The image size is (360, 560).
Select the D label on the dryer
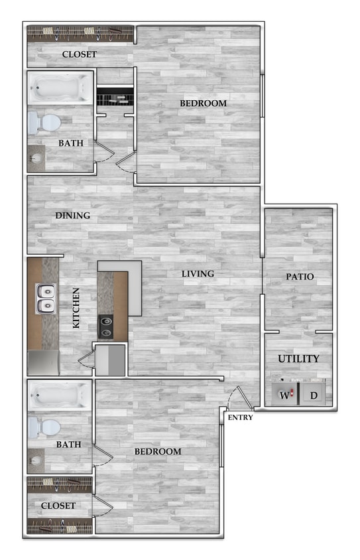(313, 396)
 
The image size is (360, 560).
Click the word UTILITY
(298, 359)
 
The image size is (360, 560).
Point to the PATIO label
(300, 277)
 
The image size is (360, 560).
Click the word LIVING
(198, 273)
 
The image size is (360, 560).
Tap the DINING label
(72, 216)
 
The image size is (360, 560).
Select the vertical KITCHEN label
(76, 309)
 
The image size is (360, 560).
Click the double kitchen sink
(45, 299)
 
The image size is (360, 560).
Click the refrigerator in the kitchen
(44, 363)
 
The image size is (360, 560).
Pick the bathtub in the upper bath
(60, 88)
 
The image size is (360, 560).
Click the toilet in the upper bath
(44, 123)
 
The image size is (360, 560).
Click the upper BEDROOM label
(204, 104)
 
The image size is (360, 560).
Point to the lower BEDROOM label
(158, 452)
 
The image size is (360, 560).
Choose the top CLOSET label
(79, 54)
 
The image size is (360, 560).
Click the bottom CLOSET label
(58, 506)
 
